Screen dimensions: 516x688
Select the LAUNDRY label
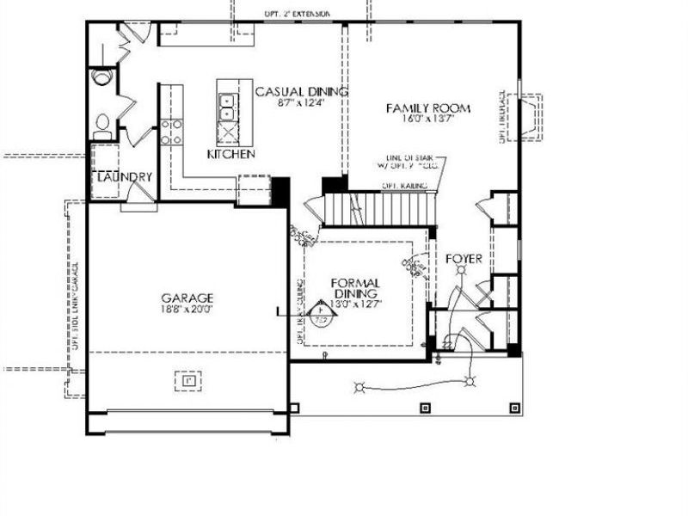click(x=124, y=177)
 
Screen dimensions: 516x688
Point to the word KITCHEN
click(x=230, y=155)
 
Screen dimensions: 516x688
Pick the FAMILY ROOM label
click(x=427, y=107)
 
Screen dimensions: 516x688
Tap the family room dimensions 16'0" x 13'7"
click(x=427, y=119)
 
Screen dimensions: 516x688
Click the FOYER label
click(x=463, y=258)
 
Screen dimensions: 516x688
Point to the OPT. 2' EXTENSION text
click(x=297, y=14)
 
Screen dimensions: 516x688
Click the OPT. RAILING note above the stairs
click(x=401, y=185)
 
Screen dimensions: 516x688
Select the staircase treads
click(x=378, y=209)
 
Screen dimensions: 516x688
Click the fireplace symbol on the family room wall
click(x=525, y=115)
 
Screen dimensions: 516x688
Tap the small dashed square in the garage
click(x=187, y=378)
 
